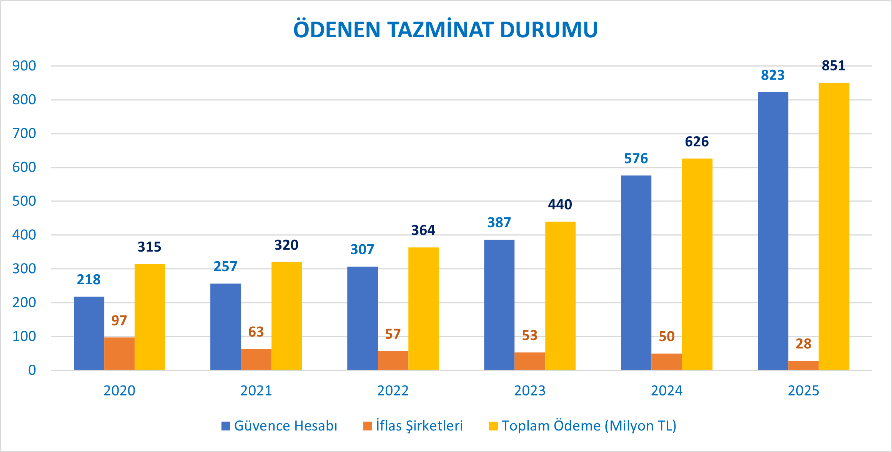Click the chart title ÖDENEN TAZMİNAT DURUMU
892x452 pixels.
pos(445,30)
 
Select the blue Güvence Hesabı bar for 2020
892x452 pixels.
pos(89,333)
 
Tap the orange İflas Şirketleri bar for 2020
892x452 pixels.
pos(119,354)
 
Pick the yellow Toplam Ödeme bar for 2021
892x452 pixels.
pos(286,316)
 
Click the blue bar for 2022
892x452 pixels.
pos(362,318)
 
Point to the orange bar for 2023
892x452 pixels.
pos(529,361)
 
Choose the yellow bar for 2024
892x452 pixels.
pos(697,264)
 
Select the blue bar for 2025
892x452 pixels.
pos(773,231)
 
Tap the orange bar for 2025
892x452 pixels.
pos(803,365)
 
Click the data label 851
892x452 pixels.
pos(834,66)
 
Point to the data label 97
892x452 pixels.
pos(119,320)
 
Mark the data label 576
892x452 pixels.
pos(636,158)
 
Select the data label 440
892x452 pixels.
pos(560,205)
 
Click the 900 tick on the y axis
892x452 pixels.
pos(24,66)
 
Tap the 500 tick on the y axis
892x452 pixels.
pos(24,201)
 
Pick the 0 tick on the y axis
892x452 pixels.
pos(32,370)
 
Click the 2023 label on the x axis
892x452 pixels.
pos(529,391)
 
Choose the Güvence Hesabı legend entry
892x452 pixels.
pos(280,426)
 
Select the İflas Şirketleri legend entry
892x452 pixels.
pos(413,426)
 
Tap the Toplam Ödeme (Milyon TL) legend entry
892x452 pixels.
pos(583,426)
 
